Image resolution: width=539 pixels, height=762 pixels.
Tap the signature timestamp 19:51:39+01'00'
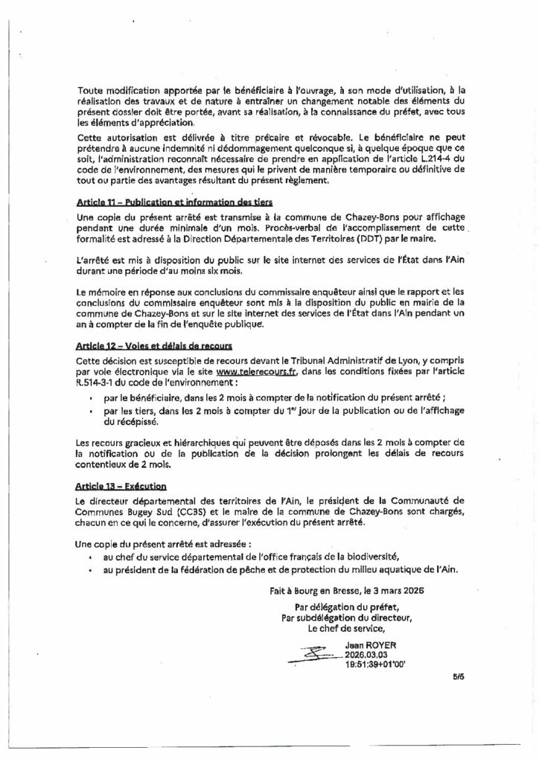pyautogui.click(x=376, y=664)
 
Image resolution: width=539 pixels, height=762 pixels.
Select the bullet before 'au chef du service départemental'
pyautogui.click(x=90, y=557)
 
